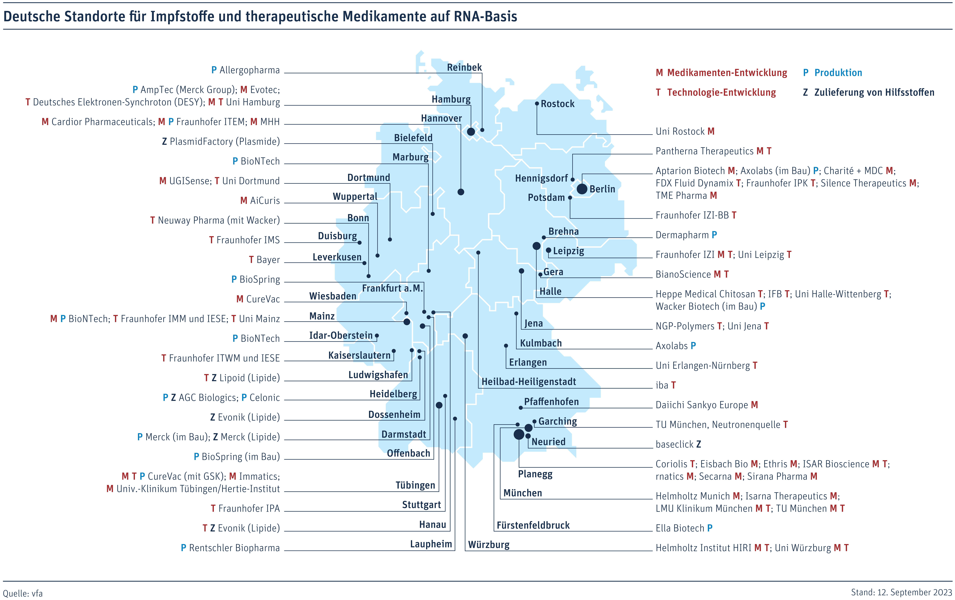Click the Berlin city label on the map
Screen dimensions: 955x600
pos(602,189)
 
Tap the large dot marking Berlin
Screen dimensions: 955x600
pos(582,189)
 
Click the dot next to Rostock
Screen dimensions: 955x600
pos(537,103)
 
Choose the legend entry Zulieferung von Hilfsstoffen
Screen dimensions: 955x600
pos(874,92)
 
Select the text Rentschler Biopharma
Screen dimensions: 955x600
pos(234,548)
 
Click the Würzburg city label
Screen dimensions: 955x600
pos(489,545)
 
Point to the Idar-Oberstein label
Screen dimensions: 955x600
pos(341,335)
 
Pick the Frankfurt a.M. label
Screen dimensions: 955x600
pos(392,288)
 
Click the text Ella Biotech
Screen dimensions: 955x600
pos(680,528)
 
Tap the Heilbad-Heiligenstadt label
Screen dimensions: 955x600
pos(529,382)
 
